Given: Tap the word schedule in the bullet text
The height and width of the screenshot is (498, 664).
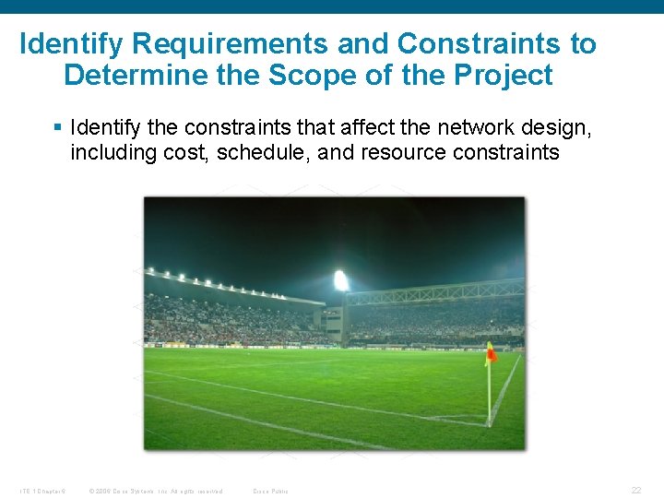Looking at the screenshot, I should click(x=264, y=153).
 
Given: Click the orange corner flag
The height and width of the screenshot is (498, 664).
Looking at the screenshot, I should click(x=491, y=352).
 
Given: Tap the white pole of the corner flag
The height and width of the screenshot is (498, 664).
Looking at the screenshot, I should click(x=489, y=392).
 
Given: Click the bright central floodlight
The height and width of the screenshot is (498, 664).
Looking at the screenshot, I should click(x=341, y=280).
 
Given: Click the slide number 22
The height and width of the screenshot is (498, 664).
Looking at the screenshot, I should click(x=635, y=491).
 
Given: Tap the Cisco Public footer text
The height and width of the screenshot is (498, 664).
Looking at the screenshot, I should click(x=270, y=491).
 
